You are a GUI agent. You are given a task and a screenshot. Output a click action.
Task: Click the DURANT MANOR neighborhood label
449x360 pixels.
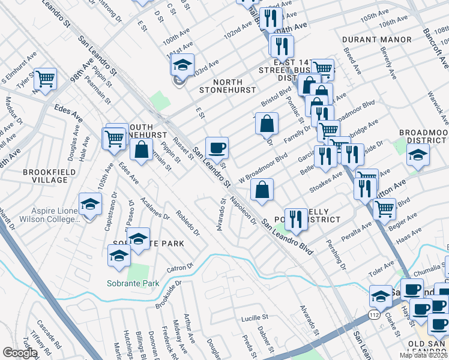(377, 40)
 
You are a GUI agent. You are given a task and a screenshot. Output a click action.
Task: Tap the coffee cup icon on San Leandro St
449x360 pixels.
(217, 148)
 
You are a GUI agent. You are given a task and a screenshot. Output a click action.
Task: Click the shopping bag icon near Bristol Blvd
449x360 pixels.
(267, 124)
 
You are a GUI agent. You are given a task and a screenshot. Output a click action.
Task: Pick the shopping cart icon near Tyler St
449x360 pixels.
(45, 79)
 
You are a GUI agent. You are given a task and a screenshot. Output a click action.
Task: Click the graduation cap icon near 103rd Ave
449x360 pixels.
(184, 64)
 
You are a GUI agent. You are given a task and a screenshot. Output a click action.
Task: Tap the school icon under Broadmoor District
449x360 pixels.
(418, 155)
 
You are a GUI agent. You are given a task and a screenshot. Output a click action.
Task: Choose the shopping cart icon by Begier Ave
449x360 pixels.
(384, 209)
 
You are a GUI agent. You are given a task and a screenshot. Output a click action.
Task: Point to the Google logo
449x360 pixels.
(20, 353)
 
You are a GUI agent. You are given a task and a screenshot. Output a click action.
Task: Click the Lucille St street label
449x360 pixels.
(254, 317)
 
